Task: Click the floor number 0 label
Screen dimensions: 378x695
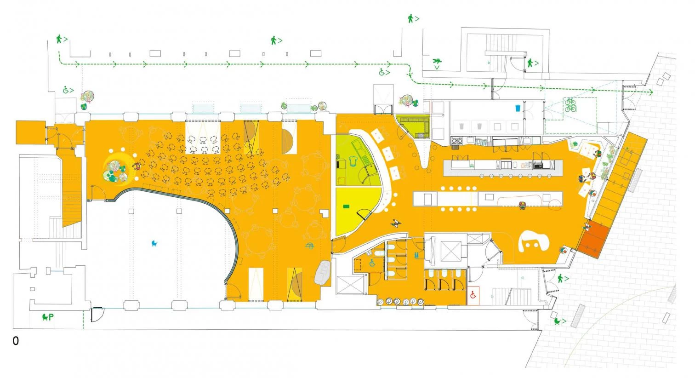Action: (x=16, y=341)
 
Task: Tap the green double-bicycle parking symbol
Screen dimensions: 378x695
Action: (x=570, y=105)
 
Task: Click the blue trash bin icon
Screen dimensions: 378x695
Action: (x=518, y=109)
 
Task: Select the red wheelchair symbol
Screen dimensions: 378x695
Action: (x=473, y=296)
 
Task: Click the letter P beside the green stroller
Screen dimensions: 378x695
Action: (x=51, y=317)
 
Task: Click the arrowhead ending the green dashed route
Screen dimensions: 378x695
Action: (x=650, y=92)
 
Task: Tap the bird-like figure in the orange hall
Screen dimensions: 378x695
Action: (x=396, y=223)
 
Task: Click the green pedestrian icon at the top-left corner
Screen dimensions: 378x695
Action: (x=59, y=39)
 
